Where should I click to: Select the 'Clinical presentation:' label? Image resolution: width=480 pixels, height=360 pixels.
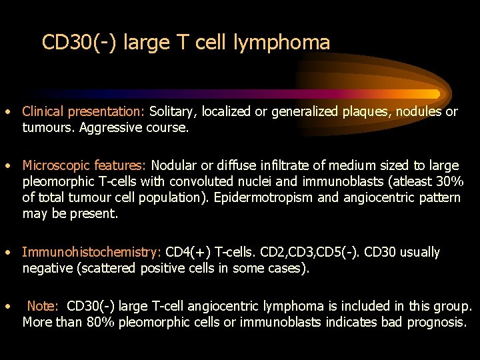click(x=84, y=112)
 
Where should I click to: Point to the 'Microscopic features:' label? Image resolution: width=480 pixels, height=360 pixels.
click(x=85, y=165)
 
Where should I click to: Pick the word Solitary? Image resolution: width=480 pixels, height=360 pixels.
click(x=175, y=112)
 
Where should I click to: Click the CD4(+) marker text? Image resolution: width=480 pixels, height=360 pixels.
click(x=189, y=253)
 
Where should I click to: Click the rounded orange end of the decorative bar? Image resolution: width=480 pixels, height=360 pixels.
click(x=435, y=94)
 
